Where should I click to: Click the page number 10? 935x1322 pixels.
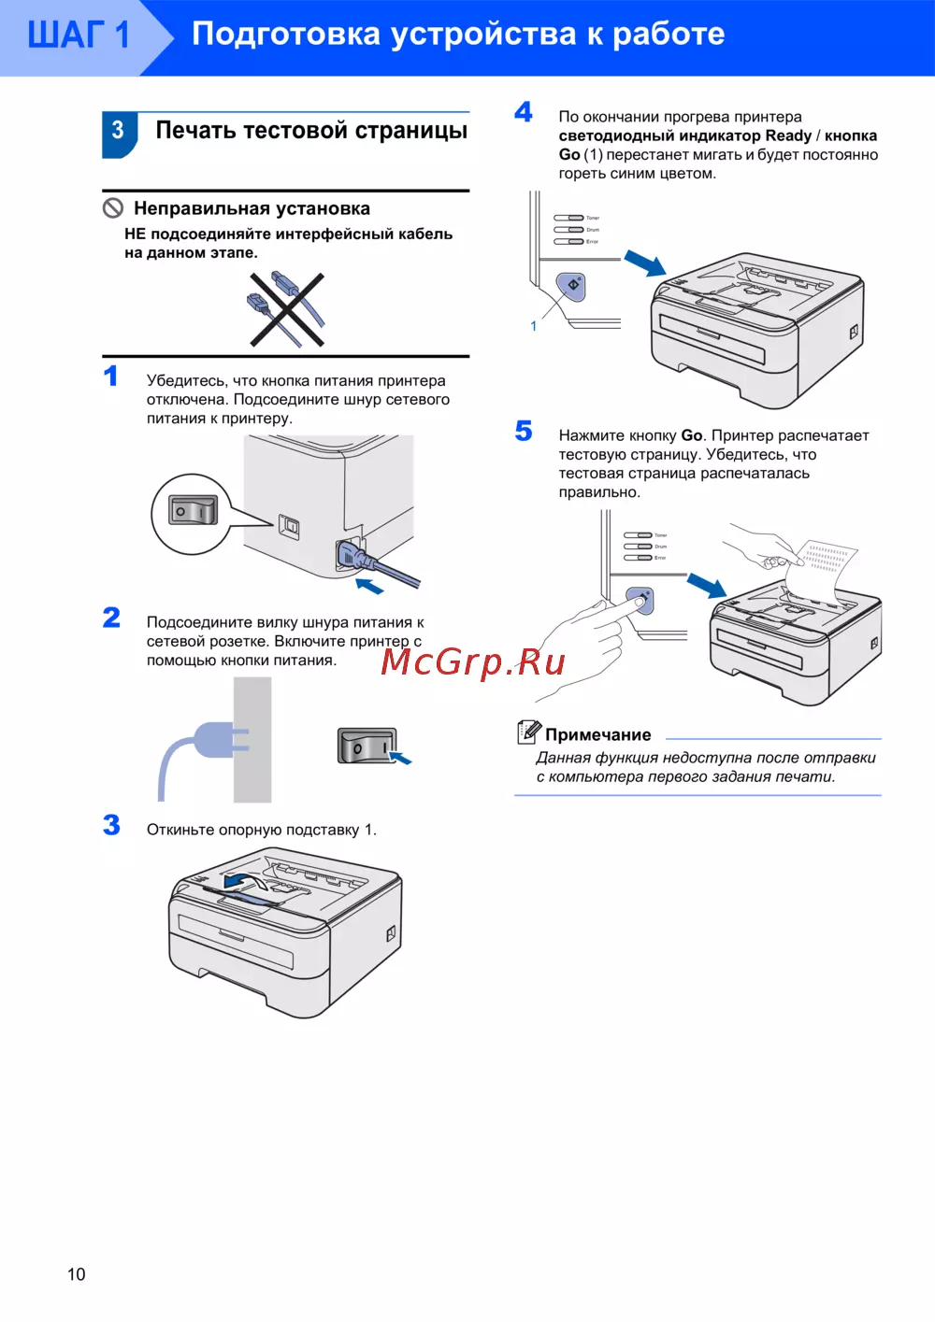(x=76, y=1273)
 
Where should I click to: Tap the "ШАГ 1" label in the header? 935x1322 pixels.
(x=79, y=36)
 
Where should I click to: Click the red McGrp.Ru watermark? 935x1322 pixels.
(x=473, y=661)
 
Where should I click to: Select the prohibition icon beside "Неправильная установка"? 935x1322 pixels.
(x=113, y=207)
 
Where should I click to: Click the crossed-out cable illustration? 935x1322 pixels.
(x=286, y=309)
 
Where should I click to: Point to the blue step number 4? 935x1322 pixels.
(x=524, y=112)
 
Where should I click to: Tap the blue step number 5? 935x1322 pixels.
(x=524, y=431)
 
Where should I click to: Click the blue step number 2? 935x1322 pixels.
(x=112, y=618)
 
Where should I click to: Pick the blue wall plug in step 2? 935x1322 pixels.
(x=218, y=741)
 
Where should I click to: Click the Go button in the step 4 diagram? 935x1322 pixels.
(x=571, y=285)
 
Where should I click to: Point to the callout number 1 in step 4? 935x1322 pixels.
(x=534, y=326)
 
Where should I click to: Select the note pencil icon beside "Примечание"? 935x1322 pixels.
(x=528, y=732)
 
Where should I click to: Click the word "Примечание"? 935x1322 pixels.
(x=598, y=735)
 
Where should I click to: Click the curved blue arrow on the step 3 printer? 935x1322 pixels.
(x=242, y=881)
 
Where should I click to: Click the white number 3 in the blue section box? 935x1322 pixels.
(x=118, y=131)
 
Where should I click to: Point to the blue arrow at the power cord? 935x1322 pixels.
(x=369, y=587)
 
